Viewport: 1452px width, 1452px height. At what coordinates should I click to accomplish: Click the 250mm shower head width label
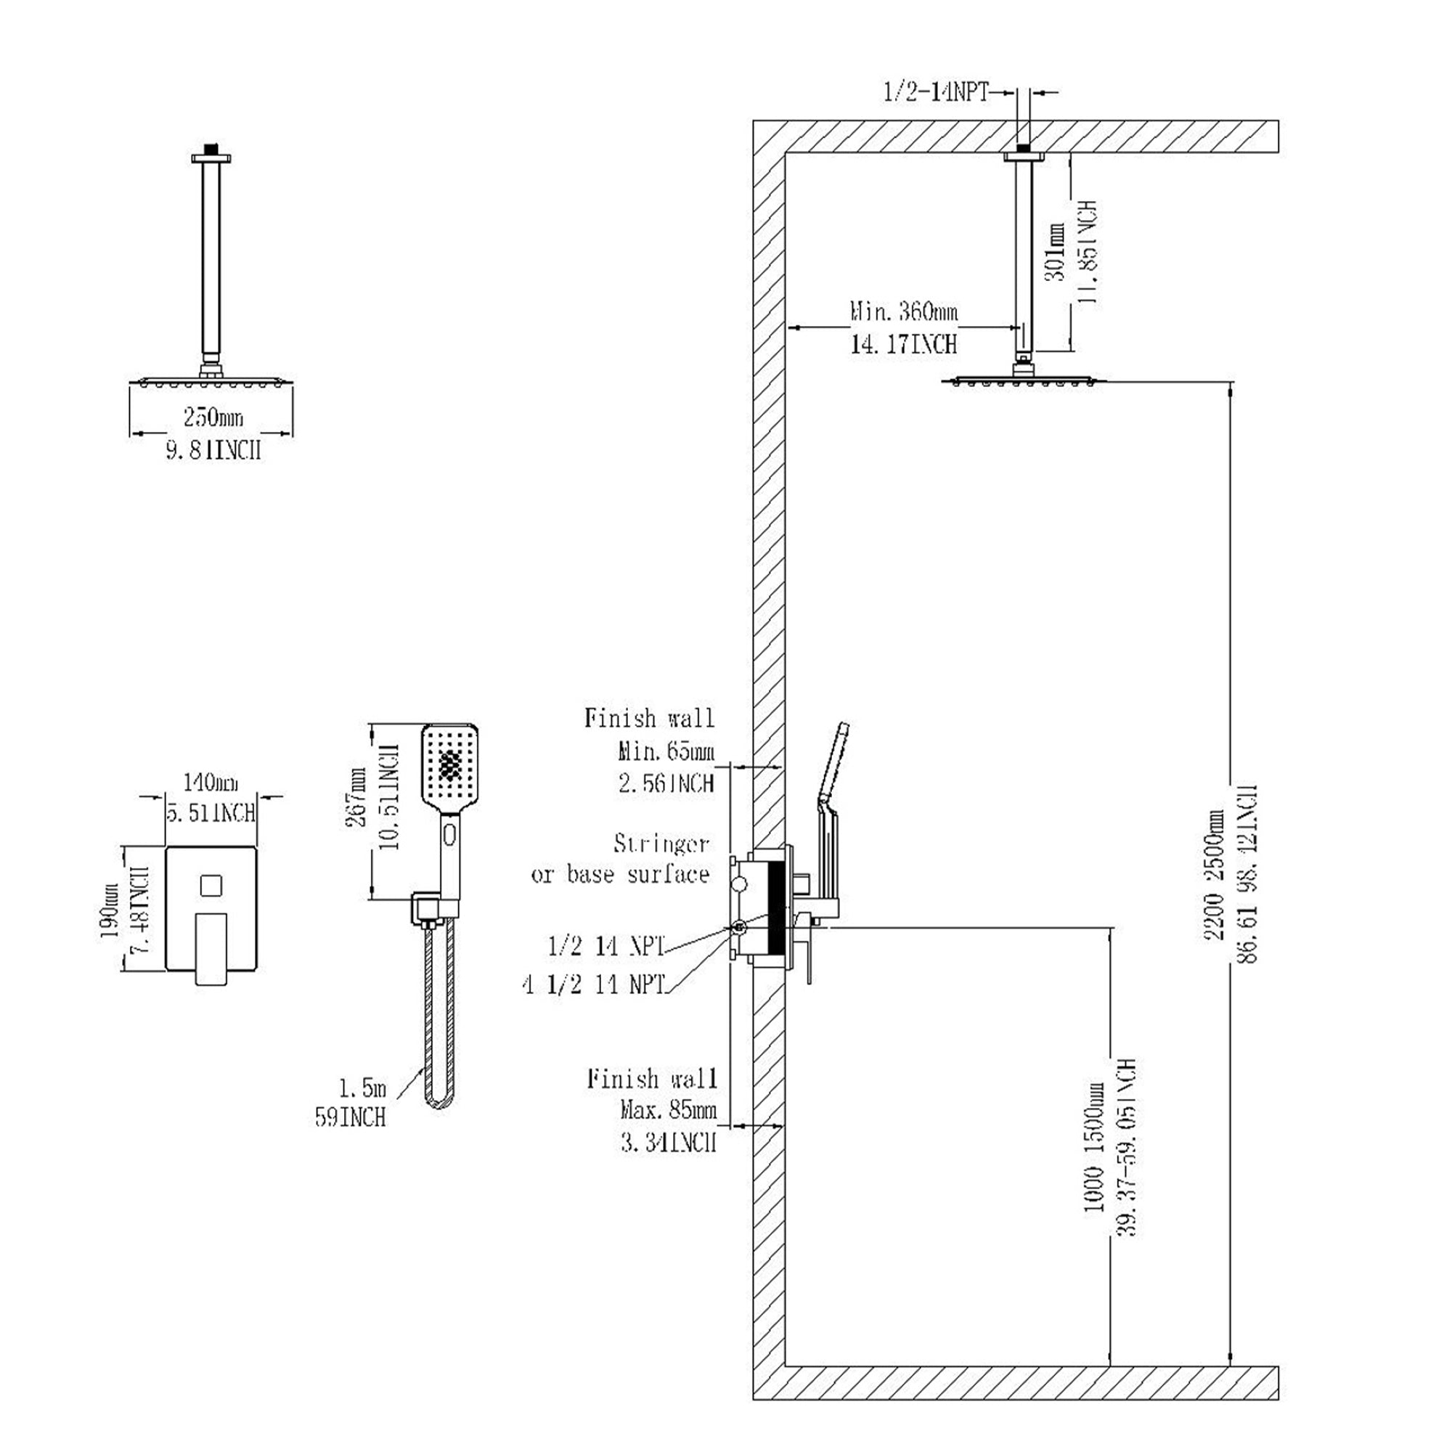pyautogui.click(x=213, y=418)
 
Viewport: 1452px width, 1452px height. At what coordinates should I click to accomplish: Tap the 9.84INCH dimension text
pyautogui.click(x=213, y=450)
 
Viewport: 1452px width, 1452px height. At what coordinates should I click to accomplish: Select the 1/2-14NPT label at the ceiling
pyautogui.click(x=936, y=92)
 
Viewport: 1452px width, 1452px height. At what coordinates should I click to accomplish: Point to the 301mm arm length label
pyautogui.click(x=1055, y=252)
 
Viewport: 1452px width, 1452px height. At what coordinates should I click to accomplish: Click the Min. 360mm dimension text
pyautogui.click(x=904, y=311)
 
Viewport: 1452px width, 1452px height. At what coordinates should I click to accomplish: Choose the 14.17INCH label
pyautogui.click(x=904, y=344)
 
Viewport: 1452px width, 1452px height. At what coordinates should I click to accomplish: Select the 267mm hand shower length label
pyautogui.click(x=356, y=796)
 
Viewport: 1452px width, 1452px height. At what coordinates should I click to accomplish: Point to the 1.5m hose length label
pyautogui.click(x=362, y=1088)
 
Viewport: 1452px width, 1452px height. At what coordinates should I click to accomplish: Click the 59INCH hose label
pyautogui.click(x=350, y=1117)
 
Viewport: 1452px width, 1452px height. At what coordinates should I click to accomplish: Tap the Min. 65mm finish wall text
pyautogui.click(x=666, y=751)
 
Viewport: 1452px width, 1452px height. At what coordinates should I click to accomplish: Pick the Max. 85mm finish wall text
pyautogui.click(x=668, y=1110)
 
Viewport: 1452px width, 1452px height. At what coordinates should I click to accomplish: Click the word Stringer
pyautogui.click(x=661, y=844)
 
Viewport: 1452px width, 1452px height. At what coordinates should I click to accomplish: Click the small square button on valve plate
pyautogui.click(x=211, y=884)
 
